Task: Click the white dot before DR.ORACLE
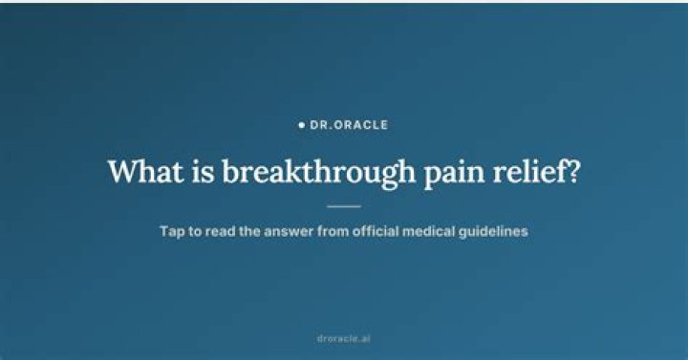(x=301, y=125)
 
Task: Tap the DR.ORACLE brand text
(x=349, y=125)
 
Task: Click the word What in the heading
(x=145, y=171)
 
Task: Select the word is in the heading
(x=204, y=171)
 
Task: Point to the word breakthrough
(x=319, y=174)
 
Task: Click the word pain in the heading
(x=454, y=175)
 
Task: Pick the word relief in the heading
(x=530, y=171)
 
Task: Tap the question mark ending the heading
(x=574, y=171)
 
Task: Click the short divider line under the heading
(x=344, y=206)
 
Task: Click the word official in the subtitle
(x=376, y=231)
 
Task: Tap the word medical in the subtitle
(x=429, y=231)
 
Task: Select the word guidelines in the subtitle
(x=493, y=231)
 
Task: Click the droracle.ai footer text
(x=344, y=338)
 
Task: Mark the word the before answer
(x=249, y=231)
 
